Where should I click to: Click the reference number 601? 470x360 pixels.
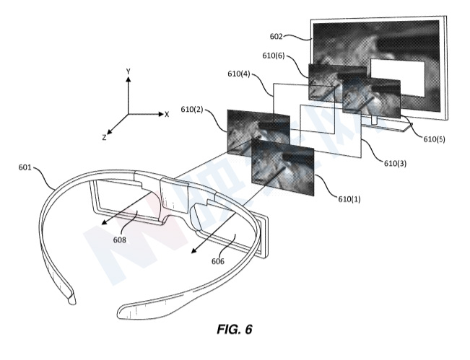point(25,167)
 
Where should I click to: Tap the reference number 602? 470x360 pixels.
point(276,37)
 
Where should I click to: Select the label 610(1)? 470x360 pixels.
point(349,199)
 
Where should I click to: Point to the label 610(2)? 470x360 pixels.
point(192,110)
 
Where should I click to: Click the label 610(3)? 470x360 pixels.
point(396,164)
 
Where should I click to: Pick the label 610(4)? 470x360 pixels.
point(239,74)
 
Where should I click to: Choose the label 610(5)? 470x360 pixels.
point(434,139)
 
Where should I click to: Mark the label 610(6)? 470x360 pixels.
point(274,56)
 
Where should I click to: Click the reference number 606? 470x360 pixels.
point(218,261)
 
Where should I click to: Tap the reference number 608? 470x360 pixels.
point(120,240)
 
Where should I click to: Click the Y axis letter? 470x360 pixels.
point(129,71)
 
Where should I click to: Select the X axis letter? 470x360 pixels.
point(167,115)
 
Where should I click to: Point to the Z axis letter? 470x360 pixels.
point(104,138)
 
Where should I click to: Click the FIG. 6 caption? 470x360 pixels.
point(235,329)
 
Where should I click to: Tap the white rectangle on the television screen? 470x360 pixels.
point(398,78)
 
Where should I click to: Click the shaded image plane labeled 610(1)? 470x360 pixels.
point(283,167)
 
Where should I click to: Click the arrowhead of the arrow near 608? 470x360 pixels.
point(105,221)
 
